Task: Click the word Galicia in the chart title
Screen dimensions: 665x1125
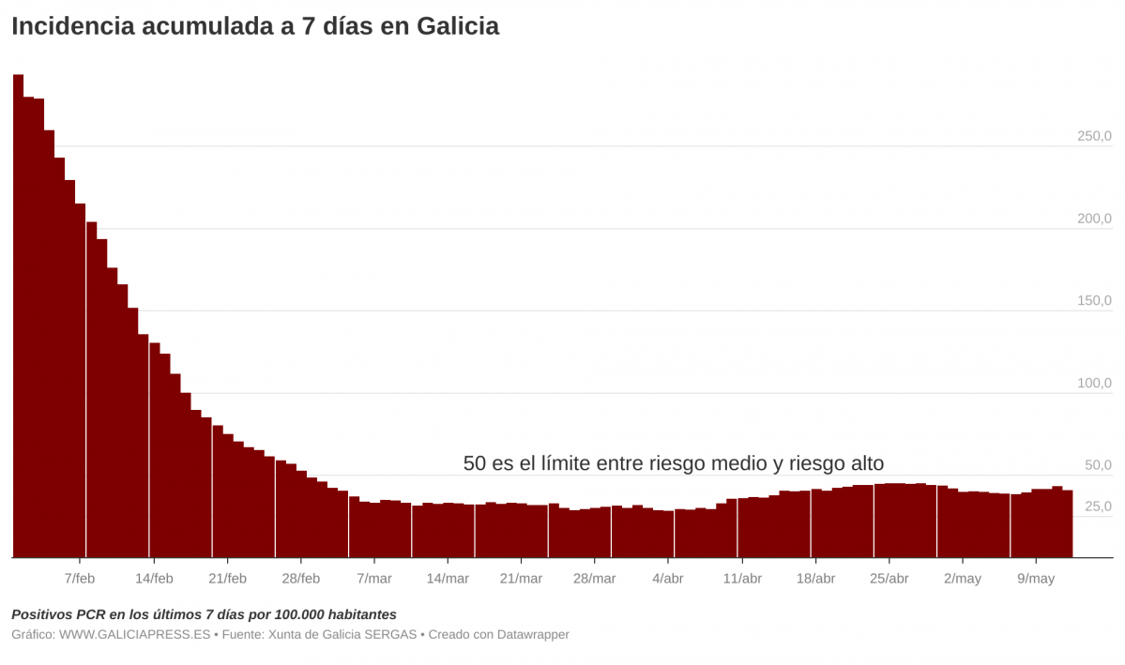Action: pos(458,26)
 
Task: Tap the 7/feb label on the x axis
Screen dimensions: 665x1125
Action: pos(80,579)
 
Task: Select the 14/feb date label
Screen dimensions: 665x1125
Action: pos(154,579)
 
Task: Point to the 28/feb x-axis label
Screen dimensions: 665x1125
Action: pos(300,579)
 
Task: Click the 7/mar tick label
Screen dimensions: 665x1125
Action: pos(374,579)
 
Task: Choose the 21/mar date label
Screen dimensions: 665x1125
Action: pos(521,579)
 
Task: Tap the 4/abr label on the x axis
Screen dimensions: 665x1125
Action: pos(668,579)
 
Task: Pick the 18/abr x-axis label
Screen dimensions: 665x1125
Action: pos(815,579)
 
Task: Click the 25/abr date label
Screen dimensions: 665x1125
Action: pos(889,579)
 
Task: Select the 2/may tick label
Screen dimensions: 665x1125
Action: pos(963,579)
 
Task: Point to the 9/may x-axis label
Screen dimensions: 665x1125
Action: pos(1036,579)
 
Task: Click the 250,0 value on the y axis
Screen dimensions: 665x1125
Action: pos(1094,137)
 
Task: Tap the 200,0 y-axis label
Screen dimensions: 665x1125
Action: pos(1094,219)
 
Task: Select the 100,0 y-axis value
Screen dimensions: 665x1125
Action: pos(1094,384)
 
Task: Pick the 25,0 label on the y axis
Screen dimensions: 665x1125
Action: pos(1098,506)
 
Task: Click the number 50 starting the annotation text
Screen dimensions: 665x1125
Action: pos(475,463)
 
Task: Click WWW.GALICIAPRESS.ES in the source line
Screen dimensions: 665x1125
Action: pos(134,635)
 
